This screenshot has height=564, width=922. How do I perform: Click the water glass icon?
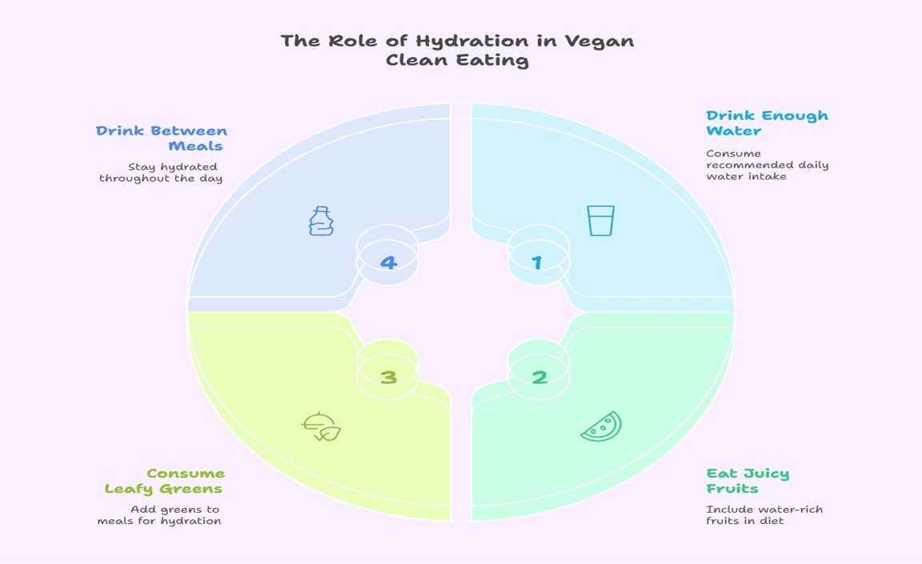pos(600,220)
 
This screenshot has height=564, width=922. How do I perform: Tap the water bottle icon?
pos(321,220)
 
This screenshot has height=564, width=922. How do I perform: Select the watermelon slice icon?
pos(601,426)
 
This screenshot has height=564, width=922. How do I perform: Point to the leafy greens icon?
pos(321,427)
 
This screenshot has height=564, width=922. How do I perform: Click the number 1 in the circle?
pos(537,262)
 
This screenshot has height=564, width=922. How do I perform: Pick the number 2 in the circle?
pos(539,376)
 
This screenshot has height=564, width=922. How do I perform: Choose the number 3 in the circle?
pos(388,376)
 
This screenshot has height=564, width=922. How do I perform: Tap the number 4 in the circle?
pos(388,262)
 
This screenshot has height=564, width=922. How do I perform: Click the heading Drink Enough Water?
pos(766,123)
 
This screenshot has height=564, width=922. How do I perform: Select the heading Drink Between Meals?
pos(162,139)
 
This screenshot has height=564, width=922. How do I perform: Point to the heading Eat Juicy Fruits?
pos(747,481)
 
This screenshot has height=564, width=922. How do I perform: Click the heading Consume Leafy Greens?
pos(164,481)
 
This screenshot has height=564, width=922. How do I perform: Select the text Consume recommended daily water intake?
pos(767,164)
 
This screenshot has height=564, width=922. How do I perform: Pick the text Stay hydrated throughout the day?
pos(162,172)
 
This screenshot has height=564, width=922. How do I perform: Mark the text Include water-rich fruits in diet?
pos(764,515)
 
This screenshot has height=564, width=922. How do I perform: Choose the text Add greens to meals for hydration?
pos(159,515)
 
